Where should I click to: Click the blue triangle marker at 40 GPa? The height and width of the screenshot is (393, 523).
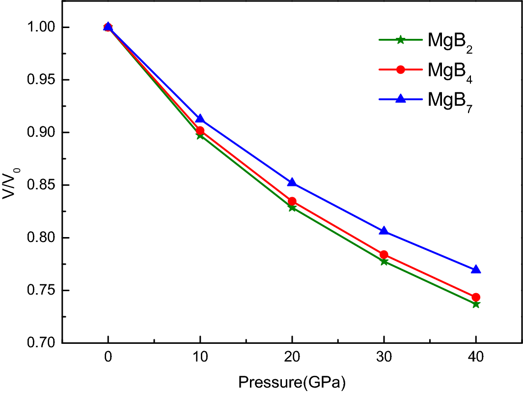475,270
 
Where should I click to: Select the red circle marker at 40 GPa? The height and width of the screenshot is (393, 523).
475,297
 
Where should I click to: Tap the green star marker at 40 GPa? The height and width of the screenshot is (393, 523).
475,304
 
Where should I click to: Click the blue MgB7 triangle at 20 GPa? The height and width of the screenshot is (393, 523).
292,182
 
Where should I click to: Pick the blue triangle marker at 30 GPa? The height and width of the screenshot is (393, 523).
384,231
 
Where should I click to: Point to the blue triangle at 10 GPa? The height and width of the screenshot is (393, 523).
200,119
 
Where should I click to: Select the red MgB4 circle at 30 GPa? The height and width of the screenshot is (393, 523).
384,255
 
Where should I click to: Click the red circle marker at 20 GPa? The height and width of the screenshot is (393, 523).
292,201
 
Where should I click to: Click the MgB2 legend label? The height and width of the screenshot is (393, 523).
450,42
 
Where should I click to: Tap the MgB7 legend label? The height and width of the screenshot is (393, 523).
450,100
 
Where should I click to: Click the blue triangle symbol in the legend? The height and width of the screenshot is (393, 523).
400,98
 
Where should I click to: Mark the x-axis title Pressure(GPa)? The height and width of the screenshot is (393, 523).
292,382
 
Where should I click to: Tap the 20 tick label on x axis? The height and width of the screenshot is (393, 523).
292,360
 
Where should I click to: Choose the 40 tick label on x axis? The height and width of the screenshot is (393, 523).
475,360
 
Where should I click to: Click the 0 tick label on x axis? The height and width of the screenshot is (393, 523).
108,360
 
